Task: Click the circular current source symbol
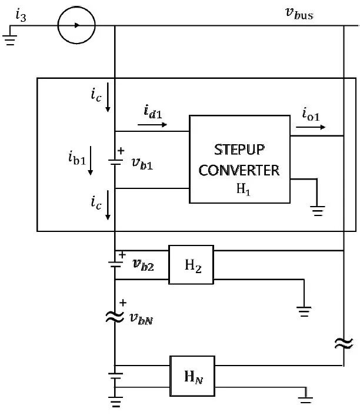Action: [x=77, y=25]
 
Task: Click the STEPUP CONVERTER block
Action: [x=239, y=159]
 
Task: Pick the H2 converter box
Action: [x=190, y=264]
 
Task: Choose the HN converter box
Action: [x=191, y=374]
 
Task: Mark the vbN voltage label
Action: [x=144, y=317]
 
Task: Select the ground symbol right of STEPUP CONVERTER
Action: [x=318, y=209]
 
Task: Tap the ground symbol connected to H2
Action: [x=304, y=311]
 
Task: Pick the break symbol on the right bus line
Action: [x=343, y=343]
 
